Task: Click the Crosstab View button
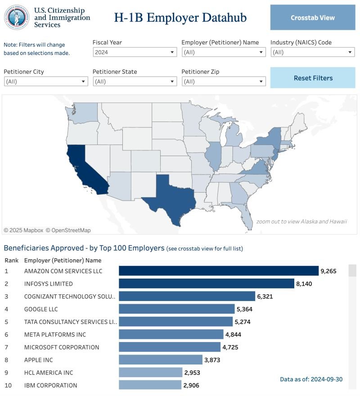coord(313,18)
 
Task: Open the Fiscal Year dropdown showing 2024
coord(135,52)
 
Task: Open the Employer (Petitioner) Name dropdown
coord(224,52)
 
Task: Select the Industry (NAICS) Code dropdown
coord(313,52)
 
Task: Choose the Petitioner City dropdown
coord(46,81)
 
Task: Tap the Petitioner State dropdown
coord(135,81)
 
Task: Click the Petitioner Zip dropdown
coord(224,81)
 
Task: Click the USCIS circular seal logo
coord(17,18)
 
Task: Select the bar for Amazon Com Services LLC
coord(219,271)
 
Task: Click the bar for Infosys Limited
coord(207,283)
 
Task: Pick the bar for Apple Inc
coord(161,360)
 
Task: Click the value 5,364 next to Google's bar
coord(244,309)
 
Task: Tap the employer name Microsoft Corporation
coord(62,347)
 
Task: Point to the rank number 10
coord(8,385)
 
